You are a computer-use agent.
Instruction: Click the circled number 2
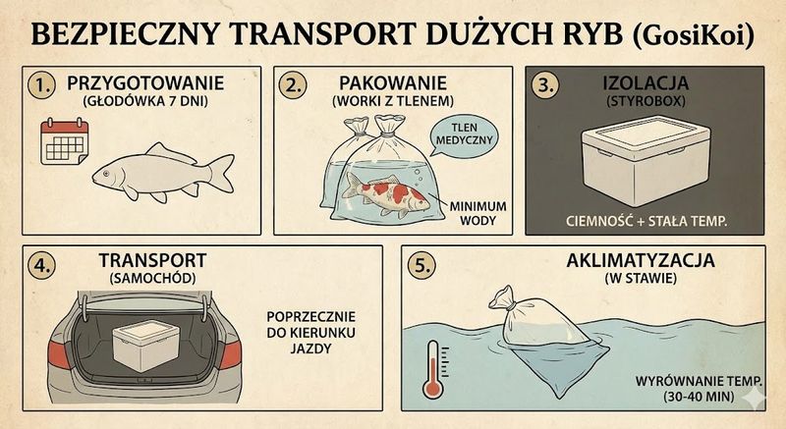click(291, 85)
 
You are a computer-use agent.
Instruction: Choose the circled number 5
click(421, 265)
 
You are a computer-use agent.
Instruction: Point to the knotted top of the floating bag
click(505, 295)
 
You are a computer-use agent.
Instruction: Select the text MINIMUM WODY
click(478, 213)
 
